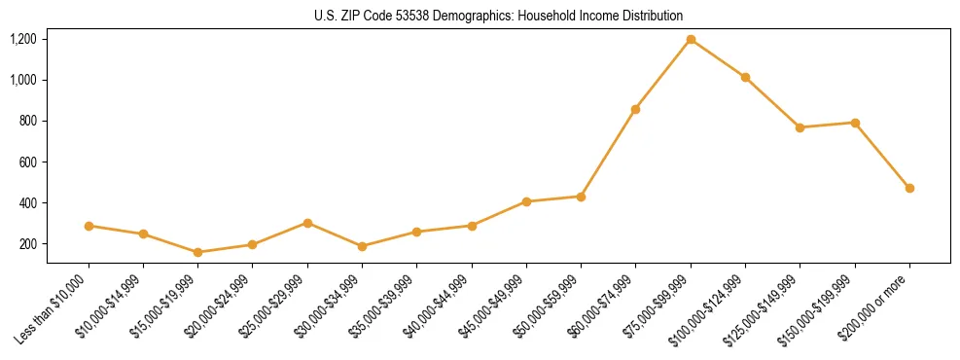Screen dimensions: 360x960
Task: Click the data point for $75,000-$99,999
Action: [691, 39]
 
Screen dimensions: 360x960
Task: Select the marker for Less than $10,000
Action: [89, 226]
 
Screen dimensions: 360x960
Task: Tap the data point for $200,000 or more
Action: [909, 188]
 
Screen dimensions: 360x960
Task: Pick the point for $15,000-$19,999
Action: [198, 252]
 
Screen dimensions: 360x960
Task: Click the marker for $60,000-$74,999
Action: [636, 109]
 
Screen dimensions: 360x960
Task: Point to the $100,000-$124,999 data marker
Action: [745, 77]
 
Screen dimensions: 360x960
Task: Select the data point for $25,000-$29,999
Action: [307, 223]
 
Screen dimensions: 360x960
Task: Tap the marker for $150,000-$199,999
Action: [855, 123]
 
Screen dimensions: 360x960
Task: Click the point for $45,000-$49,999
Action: [526, 201]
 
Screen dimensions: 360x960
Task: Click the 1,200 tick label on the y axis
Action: [23, 39]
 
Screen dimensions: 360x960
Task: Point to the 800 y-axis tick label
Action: [27, 121]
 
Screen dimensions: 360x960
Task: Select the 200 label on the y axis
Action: [27, 244]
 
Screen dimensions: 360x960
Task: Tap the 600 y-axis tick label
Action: [27, 162]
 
